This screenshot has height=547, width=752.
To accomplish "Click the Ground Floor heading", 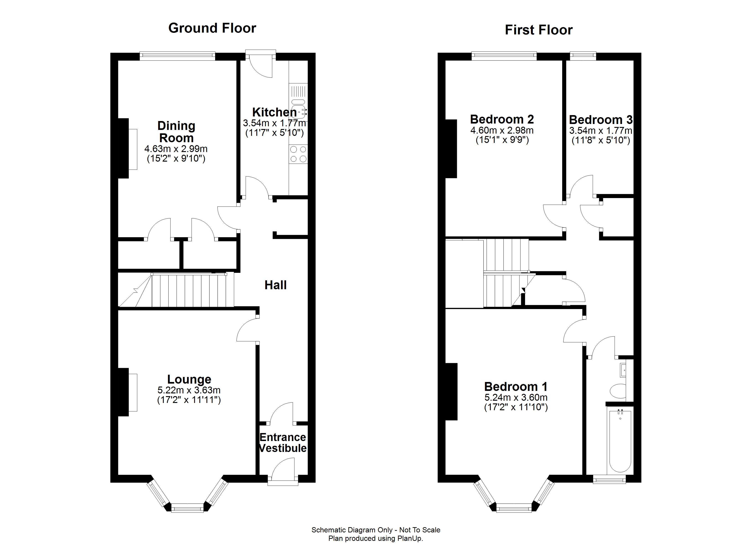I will (212, 28).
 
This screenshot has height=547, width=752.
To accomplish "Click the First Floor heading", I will (538, 30).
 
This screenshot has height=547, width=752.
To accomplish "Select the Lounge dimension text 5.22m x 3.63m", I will (189, 390).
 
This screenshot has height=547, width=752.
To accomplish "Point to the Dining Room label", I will (176, 132).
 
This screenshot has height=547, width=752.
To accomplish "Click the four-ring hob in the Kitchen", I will (298, 154).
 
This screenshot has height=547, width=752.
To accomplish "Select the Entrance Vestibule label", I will (283, 443).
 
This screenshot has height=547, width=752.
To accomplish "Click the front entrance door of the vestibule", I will (283, 469).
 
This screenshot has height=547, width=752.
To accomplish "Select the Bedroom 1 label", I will (516, 387).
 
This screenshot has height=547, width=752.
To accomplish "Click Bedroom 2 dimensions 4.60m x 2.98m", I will (502, 130).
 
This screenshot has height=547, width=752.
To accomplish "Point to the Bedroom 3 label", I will (600, 120).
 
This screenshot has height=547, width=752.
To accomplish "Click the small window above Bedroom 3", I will (583, 56).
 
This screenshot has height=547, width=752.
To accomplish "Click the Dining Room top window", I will (177, 56).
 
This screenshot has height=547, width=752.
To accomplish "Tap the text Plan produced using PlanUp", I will (376, 538).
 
